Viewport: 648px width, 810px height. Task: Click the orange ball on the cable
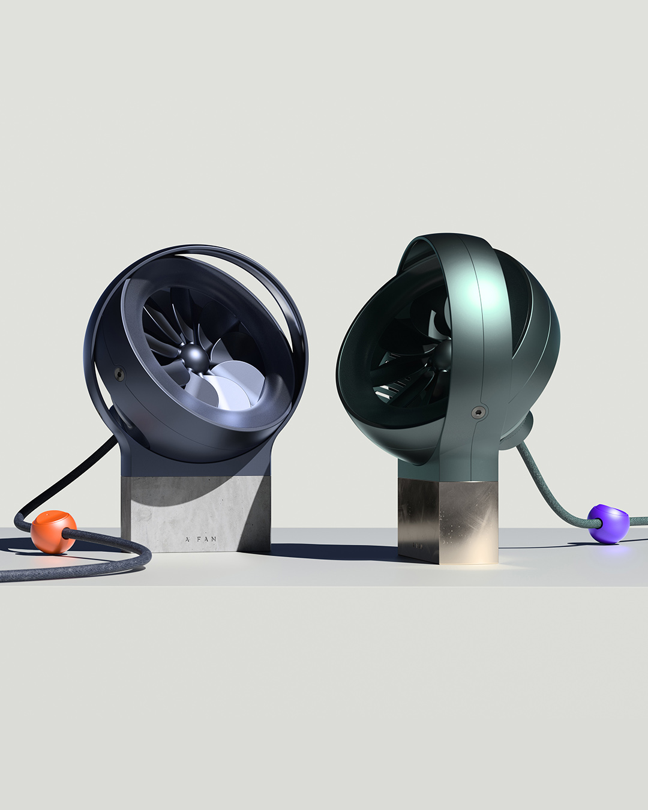(53, 531)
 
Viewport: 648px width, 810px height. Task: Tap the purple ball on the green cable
(607, 523)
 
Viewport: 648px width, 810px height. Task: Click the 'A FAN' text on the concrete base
(201, 539)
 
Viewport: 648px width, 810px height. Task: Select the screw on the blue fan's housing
(119, 374)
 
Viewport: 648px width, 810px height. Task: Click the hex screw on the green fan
(478, 412)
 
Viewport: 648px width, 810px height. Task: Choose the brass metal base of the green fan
(448, 519)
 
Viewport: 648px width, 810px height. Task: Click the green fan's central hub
(447, 351)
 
